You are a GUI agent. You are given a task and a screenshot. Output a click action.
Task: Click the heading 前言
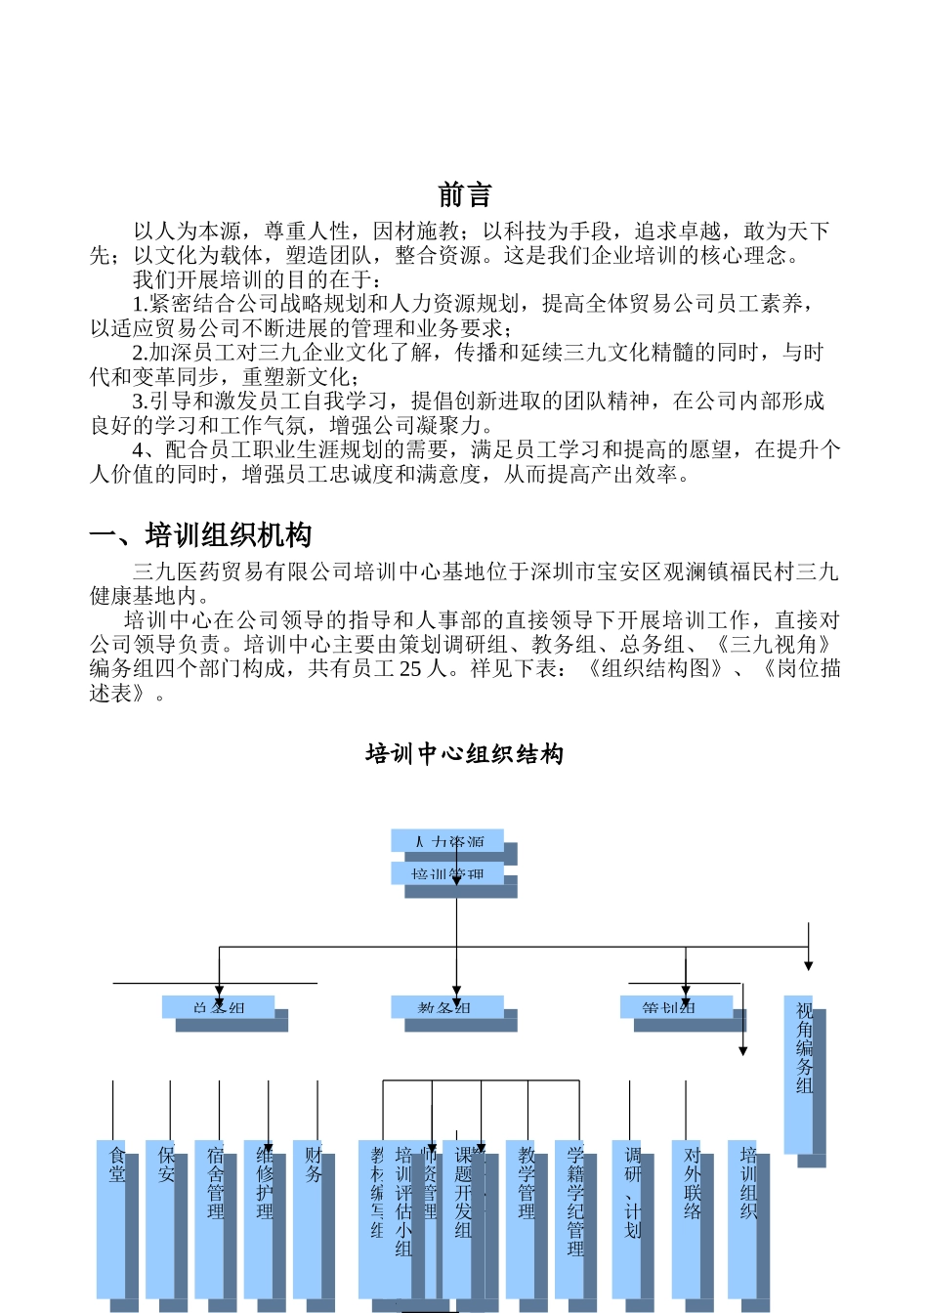pos(464,195)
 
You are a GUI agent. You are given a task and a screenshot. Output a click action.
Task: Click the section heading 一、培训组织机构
pos(200,535)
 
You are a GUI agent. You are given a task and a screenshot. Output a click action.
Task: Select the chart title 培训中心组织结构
pos(464,754)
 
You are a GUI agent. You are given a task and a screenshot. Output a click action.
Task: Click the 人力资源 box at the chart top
pos(447,841)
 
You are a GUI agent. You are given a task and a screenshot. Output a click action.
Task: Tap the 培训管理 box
pos(447,873)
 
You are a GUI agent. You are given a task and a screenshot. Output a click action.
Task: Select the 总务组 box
pos(218,1007)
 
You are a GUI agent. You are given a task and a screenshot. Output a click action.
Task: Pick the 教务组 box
pos(446,1007)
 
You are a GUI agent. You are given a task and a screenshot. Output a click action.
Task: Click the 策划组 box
pos(676,1007)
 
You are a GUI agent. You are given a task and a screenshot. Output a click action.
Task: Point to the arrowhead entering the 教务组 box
pos(456,991)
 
